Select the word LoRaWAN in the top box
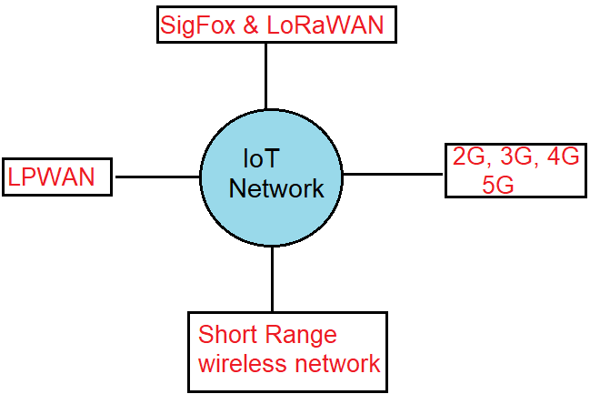(325, 25)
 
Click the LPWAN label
(52, 177)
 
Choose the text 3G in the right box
(515, 158)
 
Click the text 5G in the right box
(498, 185)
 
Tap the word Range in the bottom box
(304, 335)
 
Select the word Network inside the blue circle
(275, 189)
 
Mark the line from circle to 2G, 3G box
(394, 173)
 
